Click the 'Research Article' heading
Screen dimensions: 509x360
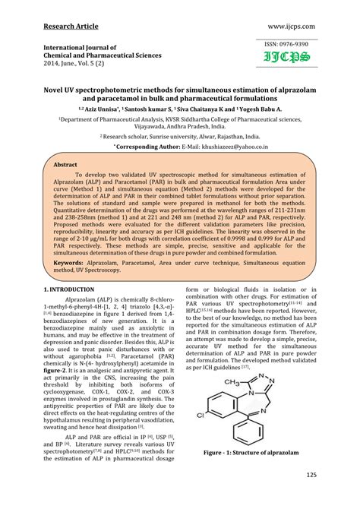coord(71,27)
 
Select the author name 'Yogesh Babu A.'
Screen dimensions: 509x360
coord(254,109)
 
